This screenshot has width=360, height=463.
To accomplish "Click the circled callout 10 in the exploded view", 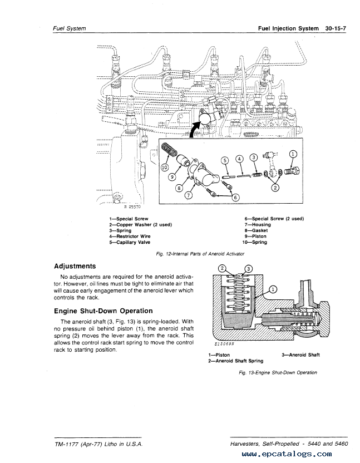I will [x=165, y=167].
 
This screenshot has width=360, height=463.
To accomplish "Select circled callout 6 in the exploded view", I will [x=234, y=197].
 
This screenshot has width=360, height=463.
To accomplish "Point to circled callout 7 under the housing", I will [x=189, y=195].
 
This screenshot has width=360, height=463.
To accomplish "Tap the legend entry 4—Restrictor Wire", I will [x=130, y=237].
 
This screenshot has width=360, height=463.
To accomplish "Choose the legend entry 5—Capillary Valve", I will [x=130, y=243].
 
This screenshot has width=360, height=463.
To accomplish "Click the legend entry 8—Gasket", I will [x=255, y=230].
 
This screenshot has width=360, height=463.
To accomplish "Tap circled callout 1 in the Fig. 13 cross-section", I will [x=273, y=289].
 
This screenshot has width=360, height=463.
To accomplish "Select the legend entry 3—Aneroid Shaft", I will [x=300, y=354].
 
